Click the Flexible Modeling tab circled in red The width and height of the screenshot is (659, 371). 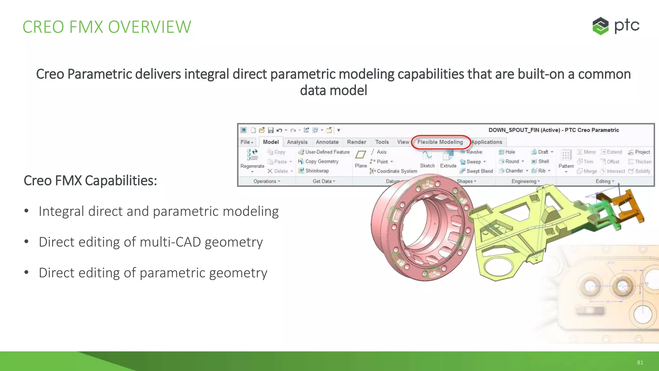[440, 142]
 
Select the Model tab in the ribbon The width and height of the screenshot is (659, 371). [271, 142]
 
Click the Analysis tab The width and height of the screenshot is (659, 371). [297, 142]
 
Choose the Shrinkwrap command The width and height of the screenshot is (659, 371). [317, 171]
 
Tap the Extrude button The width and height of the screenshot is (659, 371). [448, 159]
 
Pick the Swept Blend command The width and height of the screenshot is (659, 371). [479, 171]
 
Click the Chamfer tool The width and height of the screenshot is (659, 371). [514, 171]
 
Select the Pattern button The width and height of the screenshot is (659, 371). [566, 159]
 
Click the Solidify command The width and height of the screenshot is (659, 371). [642, 171]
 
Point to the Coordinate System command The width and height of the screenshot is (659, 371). [396, 171]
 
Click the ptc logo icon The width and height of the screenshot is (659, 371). [600, 26]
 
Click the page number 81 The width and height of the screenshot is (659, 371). [640, 363]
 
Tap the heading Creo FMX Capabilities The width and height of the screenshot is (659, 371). [90, 181]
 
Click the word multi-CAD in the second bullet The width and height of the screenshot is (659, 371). [170, 242]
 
